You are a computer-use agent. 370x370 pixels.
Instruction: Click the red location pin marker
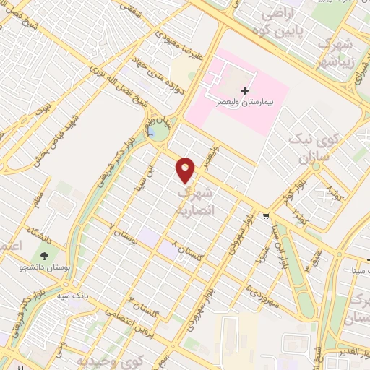(186, 169)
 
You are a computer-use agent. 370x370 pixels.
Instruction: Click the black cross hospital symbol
(244, 91)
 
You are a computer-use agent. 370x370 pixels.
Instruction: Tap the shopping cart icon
(267, 215)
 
